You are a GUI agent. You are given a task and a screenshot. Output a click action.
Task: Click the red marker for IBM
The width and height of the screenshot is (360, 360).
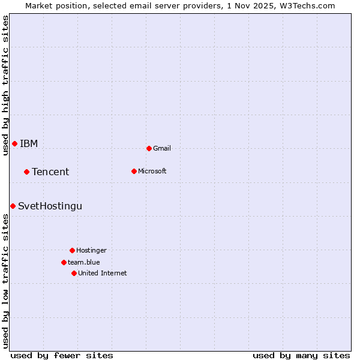tap(14, 143)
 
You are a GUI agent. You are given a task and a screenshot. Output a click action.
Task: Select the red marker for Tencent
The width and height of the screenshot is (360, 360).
tap(26, 172)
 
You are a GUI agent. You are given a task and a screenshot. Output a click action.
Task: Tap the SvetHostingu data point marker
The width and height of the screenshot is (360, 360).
tap(13, 206)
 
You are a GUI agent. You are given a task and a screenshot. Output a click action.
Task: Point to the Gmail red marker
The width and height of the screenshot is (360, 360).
tap(149, 148)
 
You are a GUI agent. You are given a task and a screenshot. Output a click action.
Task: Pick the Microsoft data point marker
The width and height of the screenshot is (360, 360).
tap(134, 171)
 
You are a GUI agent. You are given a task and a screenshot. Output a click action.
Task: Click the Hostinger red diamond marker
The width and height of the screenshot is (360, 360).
tap(72, 250)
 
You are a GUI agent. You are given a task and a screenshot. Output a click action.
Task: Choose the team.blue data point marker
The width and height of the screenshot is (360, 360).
tap(64, 262)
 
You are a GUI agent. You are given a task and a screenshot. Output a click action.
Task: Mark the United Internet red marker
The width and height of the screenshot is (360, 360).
tap(74, 273)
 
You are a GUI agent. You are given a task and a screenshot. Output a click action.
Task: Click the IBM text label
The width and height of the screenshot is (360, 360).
tap(29, 143)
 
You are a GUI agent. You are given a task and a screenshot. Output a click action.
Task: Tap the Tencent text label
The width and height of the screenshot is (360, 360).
tap(50, 172)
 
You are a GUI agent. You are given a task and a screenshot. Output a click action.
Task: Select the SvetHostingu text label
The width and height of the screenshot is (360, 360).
tap(50, 206)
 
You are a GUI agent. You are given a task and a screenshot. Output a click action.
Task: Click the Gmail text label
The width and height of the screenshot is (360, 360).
tap(162, 148)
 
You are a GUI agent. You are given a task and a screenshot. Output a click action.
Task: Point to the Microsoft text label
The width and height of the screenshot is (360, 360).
tap(152, 171)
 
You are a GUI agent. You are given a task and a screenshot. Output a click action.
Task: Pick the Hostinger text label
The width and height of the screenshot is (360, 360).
tap(91, 250)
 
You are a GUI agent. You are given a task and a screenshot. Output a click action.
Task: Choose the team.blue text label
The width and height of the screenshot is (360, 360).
tap(84, 262)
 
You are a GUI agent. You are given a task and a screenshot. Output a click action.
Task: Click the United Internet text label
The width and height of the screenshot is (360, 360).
tap(103, 273)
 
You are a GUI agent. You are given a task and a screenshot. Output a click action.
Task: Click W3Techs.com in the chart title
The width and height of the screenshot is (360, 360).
tap(307, 5)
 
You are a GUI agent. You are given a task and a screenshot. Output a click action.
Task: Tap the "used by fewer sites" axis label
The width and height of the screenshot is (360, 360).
tap(62, 355)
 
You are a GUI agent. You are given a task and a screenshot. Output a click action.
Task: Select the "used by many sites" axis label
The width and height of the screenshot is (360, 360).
tap(301, 355)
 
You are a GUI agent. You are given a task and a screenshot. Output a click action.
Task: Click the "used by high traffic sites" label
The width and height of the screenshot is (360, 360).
tap(5, 85)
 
